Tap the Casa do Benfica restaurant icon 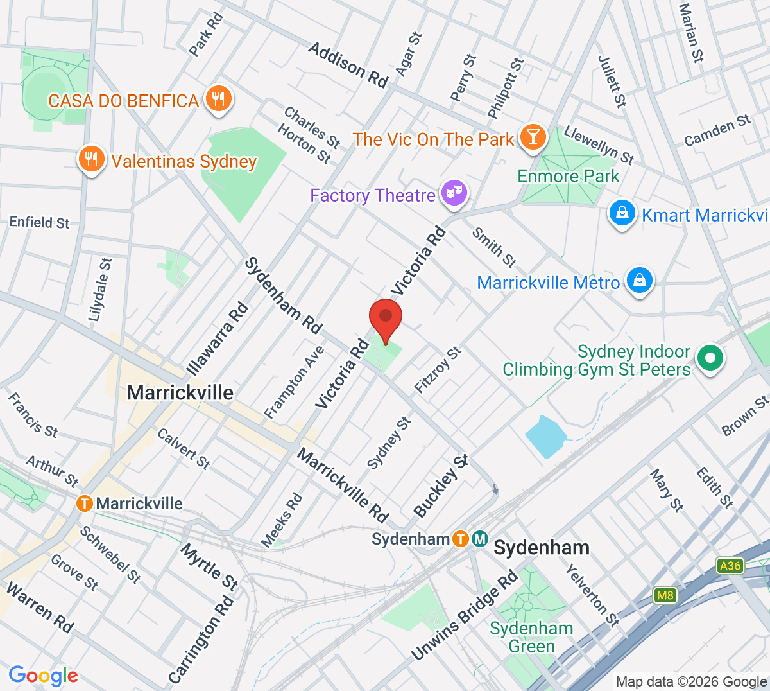click(219, 100)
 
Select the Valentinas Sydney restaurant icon click(91, 160)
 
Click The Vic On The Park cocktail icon click(532, 137)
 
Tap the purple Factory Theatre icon click(454, 193)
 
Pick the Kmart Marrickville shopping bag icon click(622, 214)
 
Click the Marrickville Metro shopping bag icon click(639, 281)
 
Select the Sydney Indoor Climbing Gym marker click(710, 358)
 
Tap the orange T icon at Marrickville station click(84, 503)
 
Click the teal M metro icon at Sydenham click(480, 539)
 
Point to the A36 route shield click(730, 566)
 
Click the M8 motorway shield click(665, 595)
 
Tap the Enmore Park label click(569, 176)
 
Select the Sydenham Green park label click(531, 637)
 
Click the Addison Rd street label click(348, 64)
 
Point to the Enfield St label click(39, 222)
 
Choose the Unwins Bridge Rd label click(465, 616)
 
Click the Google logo click(43, 675)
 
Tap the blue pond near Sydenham click(545, 437)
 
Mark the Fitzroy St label click(438, 370)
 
